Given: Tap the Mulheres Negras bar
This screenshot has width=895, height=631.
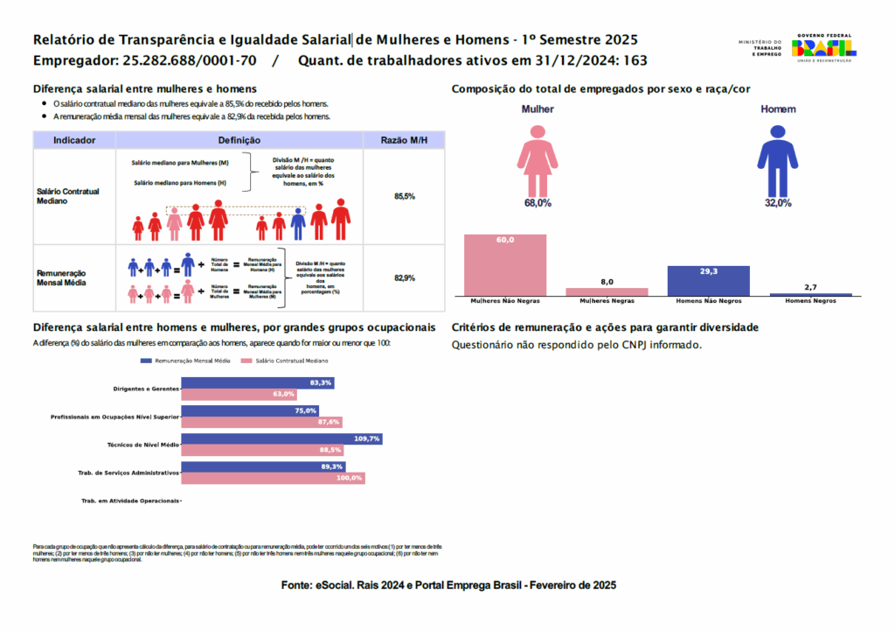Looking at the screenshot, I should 607,291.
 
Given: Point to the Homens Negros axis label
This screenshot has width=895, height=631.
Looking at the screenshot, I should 810,301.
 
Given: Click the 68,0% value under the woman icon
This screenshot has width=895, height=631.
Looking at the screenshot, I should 538,203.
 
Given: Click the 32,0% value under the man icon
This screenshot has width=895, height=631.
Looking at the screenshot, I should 777,203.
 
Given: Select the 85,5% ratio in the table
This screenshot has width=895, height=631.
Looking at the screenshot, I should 404,196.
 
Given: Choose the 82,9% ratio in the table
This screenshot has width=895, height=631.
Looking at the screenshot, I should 404,278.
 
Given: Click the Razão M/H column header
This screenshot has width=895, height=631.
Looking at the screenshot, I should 404,140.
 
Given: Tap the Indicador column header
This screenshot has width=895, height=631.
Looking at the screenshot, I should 73,140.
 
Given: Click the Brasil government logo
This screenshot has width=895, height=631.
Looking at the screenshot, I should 823,47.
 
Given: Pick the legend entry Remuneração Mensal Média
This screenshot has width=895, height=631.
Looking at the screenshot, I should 188,361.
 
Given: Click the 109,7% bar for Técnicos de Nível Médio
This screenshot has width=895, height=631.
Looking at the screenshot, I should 281,438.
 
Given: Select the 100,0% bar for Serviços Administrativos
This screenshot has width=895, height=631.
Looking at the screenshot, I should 273,478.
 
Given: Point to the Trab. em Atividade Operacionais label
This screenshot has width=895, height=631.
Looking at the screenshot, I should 130,501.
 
